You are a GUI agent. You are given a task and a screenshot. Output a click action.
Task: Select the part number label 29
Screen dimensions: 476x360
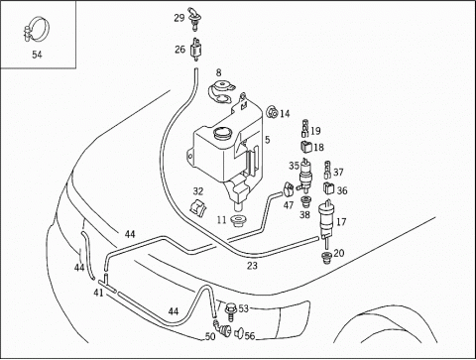click(x=179, y=18)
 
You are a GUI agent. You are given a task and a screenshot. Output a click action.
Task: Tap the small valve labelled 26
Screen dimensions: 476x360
click(x=197, y=50)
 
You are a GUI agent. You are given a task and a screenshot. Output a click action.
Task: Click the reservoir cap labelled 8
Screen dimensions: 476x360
click(x=221, y=91)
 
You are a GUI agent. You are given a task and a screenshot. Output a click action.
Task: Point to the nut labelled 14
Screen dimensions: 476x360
click(x=272, y=112)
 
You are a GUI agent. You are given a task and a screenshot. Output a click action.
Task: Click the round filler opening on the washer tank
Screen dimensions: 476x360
click(x=222, y=134)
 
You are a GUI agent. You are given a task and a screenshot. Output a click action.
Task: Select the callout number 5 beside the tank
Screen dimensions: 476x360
click(x=267, y=140)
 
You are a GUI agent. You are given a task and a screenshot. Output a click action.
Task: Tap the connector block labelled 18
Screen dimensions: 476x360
click(x=305, y=147)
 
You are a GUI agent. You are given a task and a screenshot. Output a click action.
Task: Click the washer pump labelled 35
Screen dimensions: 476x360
click(x=305, y=176)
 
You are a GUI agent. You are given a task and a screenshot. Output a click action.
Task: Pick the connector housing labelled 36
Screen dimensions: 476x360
click(x=328, y=188)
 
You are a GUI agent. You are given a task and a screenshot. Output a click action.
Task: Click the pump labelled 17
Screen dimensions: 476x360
click(x=326, y=218)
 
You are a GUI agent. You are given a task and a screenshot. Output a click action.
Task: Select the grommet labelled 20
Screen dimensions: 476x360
click(x=326, y=257)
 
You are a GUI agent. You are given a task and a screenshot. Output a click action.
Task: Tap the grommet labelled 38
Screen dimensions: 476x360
click(x=304, y=201)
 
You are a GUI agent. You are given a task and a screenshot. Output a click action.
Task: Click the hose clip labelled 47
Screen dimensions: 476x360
click(x=288, y=188)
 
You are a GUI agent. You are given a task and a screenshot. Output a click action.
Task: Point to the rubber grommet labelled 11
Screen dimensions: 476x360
click(x=237, y=220)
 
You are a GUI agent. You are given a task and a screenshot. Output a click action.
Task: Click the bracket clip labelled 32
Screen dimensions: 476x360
click(x=197, y=207)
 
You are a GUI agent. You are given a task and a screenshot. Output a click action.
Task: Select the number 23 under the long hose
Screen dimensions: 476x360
click(x=252, y=266)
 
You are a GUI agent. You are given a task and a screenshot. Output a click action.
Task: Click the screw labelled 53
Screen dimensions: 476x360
click(x=230, y=312)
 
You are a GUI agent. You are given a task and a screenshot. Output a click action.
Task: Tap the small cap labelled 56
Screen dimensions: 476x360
click(x=239, y=333)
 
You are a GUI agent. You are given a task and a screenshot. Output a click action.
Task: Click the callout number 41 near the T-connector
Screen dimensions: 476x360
click(x=98, y=293)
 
